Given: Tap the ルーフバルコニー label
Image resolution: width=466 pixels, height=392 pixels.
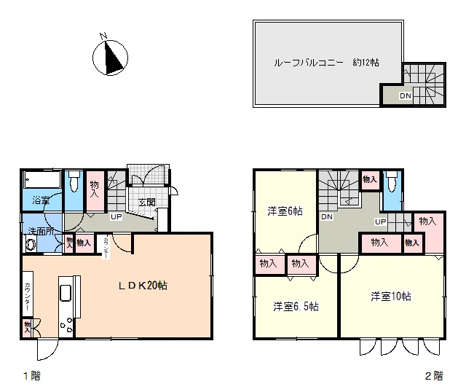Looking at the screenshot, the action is (x=309, y=63).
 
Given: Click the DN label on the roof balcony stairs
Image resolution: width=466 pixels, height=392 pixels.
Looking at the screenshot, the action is (x=406, y=95).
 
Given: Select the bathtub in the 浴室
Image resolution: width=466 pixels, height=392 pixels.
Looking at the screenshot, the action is (x=42, y=179).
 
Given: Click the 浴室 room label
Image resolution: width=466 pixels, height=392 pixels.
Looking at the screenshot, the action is (x=41, y=200).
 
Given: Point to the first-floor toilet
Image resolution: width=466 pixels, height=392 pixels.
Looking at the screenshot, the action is (x=74, y=181).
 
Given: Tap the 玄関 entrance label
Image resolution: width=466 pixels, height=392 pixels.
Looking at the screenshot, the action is (x=147, y=203).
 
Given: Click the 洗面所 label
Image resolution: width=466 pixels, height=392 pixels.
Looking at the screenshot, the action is (x=42, y=231).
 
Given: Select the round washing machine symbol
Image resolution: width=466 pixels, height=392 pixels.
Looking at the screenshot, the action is (x=31, y=245).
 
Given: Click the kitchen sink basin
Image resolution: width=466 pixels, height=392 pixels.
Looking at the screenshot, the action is (x=66, y=293).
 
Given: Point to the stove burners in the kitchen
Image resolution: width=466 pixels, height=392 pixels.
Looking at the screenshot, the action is (x=66, y=325).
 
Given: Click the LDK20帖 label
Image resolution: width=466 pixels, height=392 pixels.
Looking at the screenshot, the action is (x=143, y=286).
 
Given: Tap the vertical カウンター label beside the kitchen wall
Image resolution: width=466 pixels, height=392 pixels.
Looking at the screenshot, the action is (x=28, y=297).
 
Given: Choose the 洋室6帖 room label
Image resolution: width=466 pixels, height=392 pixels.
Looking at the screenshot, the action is (x=285, y=211).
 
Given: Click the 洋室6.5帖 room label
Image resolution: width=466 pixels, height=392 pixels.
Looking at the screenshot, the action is (x=296, y=306).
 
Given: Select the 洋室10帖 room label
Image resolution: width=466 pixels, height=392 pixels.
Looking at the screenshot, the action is (x=391, y=297).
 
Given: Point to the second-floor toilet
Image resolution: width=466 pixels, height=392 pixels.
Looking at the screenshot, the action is (x=392, y=181).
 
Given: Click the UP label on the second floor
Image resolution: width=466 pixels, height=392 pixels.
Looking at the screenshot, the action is (x=381, y=222).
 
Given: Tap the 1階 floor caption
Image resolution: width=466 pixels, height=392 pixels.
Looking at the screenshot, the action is (x=32, y=376).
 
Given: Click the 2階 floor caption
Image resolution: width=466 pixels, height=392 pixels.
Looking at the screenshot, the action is (x=434, y=376).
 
